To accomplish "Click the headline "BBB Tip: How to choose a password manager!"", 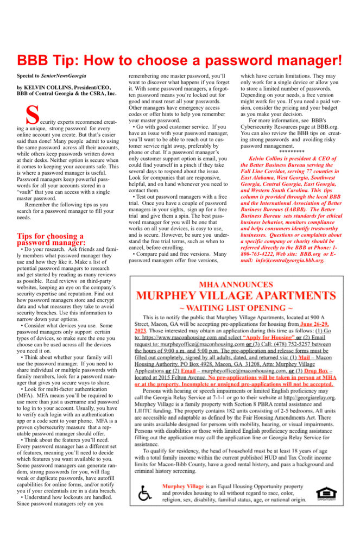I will coord(180,60).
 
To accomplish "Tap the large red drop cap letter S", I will coord(33,115).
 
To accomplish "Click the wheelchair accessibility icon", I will coord(145,493).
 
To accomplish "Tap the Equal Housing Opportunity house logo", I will coord(325,493).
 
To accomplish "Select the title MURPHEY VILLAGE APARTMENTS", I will coord(236,296).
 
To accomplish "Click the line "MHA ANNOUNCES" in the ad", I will coord(236,285).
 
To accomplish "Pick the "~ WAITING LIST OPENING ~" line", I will coord(236,308).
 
